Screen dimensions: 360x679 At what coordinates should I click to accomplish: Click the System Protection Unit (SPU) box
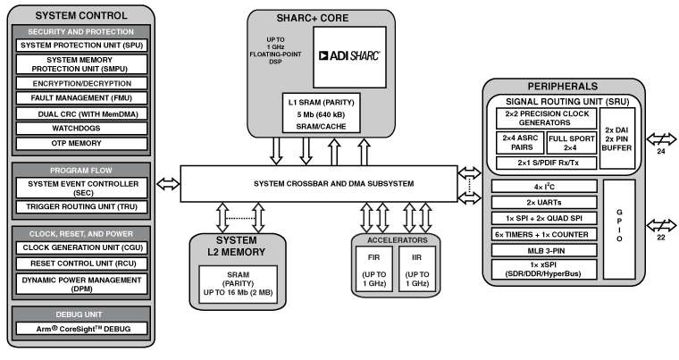coord(81,46)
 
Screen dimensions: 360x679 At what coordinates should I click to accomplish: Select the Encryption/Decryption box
coord(81,83)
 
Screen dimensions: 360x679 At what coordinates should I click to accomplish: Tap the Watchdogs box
coord(81,129)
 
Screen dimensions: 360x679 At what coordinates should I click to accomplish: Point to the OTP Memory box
coord(81,144)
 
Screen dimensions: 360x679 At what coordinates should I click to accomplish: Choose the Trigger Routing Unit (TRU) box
coord(81,207)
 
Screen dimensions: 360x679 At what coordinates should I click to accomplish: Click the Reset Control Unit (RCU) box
coord(81,264)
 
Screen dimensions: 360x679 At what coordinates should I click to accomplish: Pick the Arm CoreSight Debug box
coord(81,329)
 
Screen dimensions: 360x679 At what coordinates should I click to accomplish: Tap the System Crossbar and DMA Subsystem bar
coord(320,183)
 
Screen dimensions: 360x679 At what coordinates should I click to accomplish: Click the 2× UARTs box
coord(545,203)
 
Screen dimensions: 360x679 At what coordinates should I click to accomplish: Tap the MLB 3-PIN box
coord(545,250)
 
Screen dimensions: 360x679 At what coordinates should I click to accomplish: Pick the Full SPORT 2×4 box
coord(571,143)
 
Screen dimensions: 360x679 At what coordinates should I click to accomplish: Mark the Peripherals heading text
coord(564,87)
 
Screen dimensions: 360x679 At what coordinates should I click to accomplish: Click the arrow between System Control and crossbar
coord(167,183)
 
